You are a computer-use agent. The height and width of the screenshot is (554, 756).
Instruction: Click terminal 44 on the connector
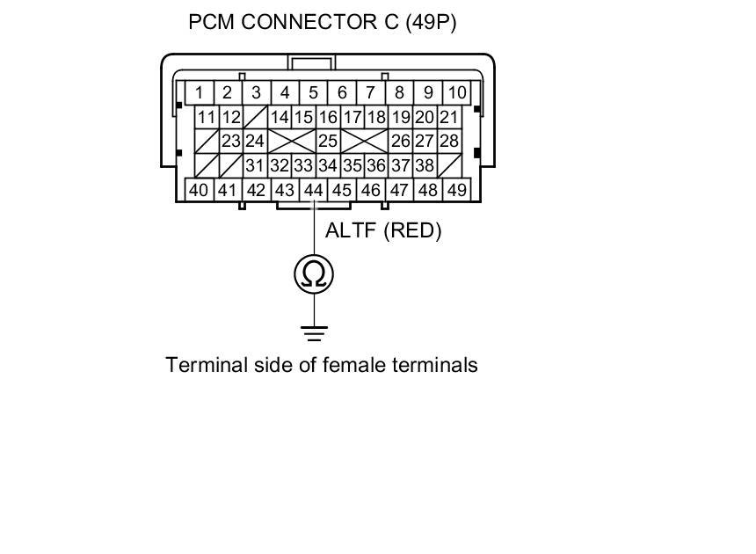(x=313, y=189)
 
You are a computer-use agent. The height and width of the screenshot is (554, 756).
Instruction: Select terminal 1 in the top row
(x=200, y=92)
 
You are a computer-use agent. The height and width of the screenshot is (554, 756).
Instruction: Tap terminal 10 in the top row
(x=456, y=92)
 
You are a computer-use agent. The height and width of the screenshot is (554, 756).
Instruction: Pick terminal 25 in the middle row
(x=328, y=141)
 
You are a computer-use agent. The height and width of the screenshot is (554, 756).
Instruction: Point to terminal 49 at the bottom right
(x=456, y=189)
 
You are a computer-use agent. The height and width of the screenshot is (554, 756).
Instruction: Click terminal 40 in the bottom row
(x=199, y=189)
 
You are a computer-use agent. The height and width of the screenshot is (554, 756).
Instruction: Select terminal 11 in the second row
(x=207, y=117)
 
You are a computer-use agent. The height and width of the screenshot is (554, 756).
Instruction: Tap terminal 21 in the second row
(x=448, y=117)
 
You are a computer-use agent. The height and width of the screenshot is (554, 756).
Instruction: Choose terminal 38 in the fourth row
(x=425, y=164)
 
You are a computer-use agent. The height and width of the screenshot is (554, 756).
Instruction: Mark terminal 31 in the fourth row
(x=255, y=164)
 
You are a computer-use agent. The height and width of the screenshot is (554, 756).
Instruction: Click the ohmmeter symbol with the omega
(x=314, y=274)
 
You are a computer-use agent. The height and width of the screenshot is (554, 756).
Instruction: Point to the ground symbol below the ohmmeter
(x=314, y=332)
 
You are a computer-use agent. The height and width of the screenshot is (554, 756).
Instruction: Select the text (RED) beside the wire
(x=412, y=230)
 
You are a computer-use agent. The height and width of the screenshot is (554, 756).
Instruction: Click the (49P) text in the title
(x=430, y=22)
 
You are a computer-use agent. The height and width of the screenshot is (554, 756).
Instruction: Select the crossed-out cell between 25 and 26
(x=364, y=141)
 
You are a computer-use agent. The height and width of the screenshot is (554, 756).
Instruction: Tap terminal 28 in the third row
(x=449, y=141)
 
